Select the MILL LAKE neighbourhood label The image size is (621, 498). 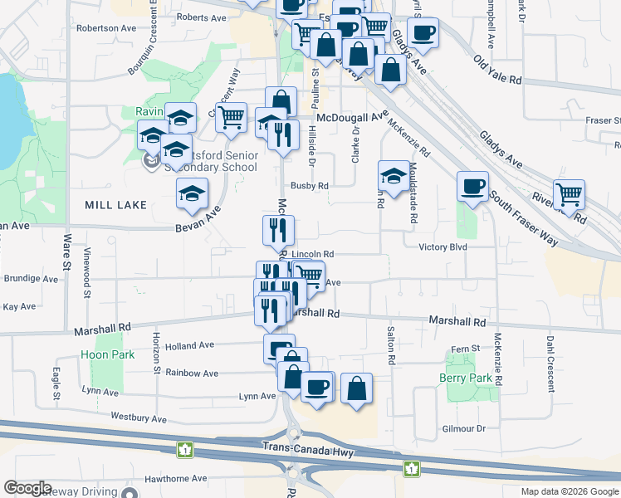click(x=115, y=204)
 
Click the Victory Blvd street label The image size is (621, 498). click(x=443, y=247)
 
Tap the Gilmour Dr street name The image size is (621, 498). click(x=463, y=428)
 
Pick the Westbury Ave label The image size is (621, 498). click(x=139, y=419)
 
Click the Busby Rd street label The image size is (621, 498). click(x=309, y=186)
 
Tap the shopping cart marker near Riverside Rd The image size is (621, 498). click(x=569, y=196)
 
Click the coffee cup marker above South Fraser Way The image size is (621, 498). click(x=472, y=186)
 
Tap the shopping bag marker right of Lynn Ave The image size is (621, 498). click(x=356, y=388)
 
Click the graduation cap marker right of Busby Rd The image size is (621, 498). click(x=394, y=175)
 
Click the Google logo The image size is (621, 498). click(x=27, y=487)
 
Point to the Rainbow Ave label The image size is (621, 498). click(x=192, y=373)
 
